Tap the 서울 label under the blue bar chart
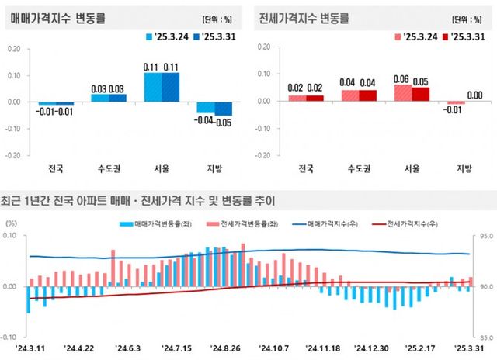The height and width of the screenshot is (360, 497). pos(162,167)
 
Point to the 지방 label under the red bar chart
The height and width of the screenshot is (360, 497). pos(458,167)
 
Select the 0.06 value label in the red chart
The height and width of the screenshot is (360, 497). pos(401,79)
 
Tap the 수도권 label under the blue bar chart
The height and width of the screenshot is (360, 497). pos(109,167)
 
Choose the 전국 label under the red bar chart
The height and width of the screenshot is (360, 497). pos(306,167)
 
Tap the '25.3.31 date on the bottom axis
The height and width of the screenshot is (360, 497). pos(468,348)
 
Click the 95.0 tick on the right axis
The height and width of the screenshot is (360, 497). pos(485,236)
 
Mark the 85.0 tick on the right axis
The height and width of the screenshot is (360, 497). pos(485,337)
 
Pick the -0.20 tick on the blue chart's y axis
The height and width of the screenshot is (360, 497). pos(14,154)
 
